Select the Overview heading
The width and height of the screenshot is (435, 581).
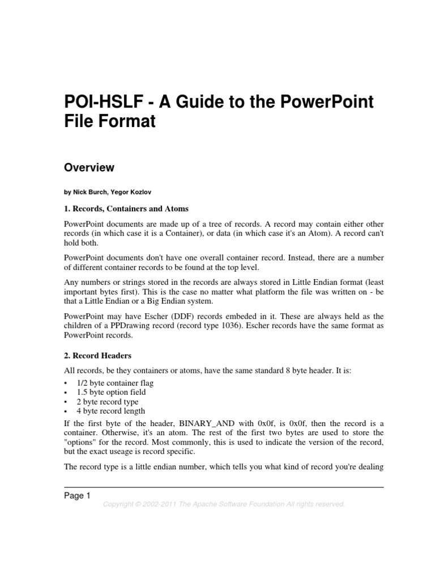(x=89, y=167)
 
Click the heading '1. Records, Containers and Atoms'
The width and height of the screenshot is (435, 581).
(x=126, y=209)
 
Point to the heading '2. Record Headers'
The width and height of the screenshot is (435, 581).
(x=97, y=356)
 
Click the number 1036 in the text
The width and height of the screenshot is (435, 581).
(x=236, y=326)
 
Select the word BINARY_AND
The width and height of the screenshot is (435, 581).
(x=202, y=424)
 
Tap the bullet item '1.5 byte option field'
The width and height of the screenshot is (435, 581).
(x=111, y=392)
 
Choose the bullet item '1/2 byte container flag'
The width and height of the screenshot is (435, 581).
(x=115, y=383)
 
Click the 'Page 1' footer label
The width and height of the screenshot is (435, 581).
(x=77, y=496)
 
